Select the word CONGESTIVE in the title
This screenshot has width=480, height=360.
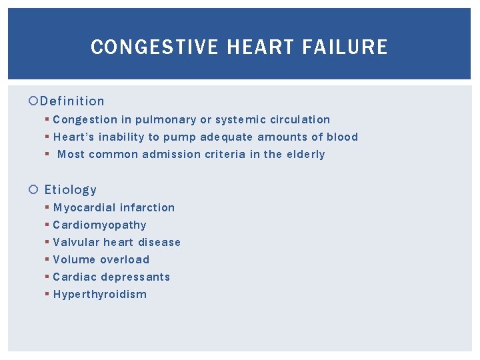(154, 47)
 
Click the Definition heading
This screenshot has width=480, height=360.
(72, 101)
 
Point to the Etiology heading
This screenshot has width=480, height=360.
(71, 190)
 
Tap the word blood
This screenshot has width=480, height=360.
(342, 137)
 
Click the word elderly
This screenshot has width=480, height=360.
(305, 155)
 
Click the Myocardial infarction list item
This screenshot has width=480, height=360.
(114, 208)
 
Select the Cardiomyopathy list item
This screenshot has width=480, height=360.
(100, 225)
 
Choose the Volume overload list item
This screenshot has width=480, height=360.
(101, 260)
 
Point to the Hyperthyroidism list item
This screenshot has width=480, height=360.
(100, 295)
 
